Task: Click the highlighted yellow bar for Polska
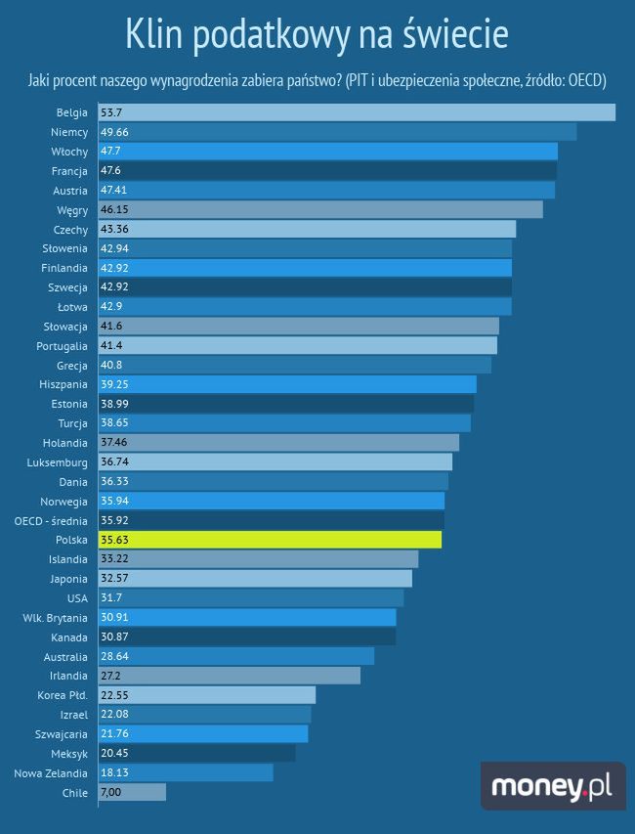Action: tap(270, 540)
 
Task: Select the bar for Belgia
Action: tap(357, 112)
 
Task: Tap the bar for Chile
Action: tap(132, 793)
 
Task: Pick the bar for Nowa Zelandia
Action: tap(186, 773)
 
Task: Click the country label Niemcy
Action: tap(68, 132)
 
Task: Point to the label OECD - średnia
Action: tap(52, 520)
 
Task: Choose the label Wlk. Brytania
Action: tap(55, 618)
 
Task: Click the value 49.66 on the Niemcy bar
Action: tap(115, 132)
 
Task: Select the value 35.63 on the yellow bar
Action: tap(115, 540)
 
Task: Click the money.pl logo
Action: tap(552, 786)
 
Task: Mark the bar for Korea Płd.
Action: tap(207, 695)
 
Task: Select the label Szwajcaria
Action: tap(61, 734)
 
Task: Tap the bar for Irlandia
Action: tap(230, 676)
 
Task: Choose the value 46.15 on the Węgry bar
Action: tap(115, 209)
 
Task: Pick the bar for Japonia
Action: tap(255, 579)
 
